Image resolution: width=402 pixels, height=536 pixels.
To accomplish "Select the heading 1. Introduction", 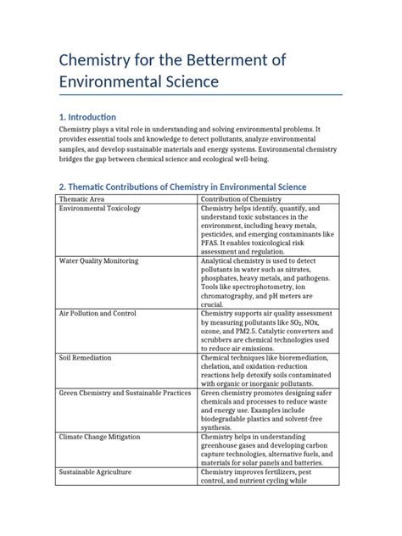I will [x=87, y=116].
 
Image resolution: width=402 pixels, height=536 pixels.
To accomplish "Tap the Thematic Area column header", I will [x=81, y=199].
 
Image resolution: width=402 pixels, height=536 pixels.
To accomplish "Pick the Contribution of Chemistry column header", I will [x=243, y=199].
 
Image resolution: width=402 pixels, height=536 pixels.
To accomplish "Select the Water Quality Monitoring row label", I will [x=97, y=263].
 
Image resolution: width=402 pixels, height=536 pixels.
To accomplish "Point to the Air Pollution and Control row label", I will [x=96, y=313].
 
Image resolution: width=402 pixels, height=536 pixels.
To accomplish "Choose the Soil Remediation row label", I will [x=85, y=359].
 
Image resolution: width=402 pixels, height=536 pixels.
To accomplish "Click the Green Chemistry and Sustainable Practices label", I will [x=124, y=394].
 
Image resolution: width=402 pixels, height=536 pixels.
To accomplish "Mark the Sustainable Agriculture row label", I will [x=95, y=471].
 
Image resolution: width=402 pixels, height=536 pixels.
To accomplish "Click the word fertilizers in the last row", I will [x=282, y=471].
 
